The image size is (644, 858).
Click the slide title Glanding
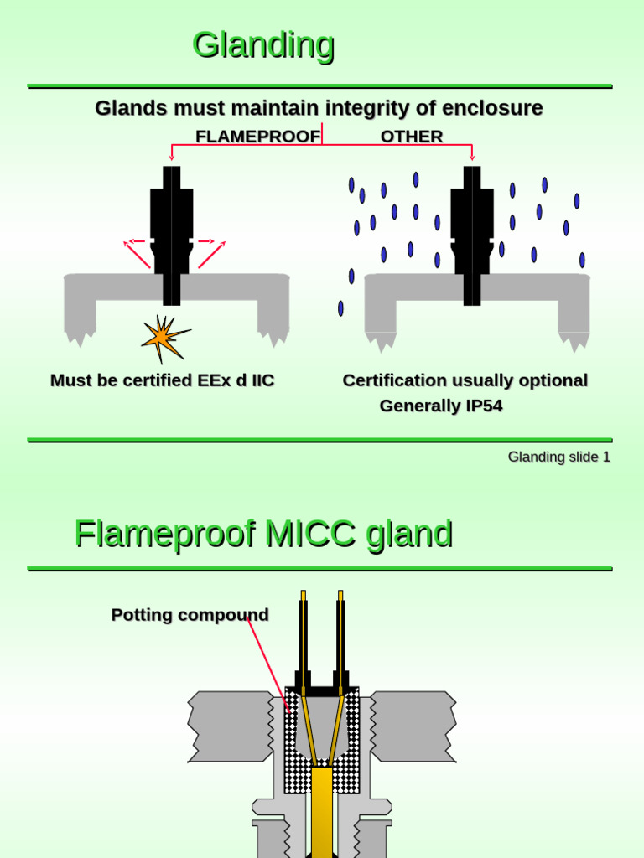click(263, 44)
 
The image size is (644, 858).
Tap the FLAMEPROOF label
click(257, 137)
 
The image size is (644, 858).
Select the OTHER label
click(411, 137)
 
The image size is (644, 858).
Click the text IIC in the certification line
click(262, 380)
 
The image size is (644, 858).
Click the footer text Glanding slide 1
click(558, 457)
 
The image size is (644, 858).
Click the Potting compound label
click(190, 615)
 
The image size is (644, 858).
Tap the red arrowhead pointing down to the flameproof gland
click(172, 157)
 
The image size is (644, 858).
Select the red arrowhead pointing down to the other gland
click(472, 157)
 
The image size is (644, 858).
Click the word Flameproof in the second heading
click(164, 534)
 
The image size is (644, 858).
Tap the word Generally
click(413, 406)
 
